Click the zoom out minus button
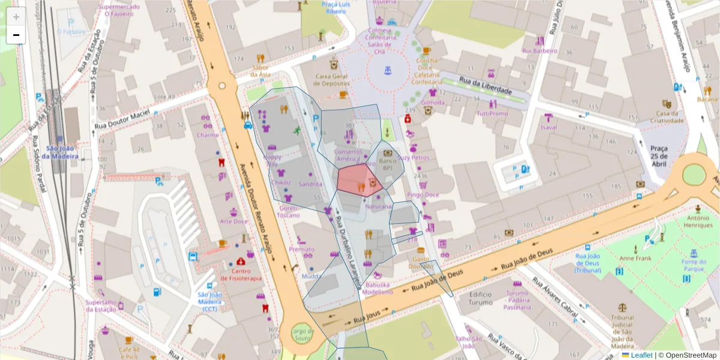16,35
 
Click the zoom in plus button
16,17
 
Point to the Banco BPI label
388,165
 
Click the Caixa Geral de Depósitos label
340,80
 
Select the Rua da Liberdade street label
485,86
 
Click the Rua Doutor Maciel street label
125,121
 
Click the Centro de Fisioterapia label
241,275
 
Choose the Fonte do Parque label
693,265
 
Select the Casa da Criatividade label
670,117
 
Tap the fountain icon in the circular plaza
388,70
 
